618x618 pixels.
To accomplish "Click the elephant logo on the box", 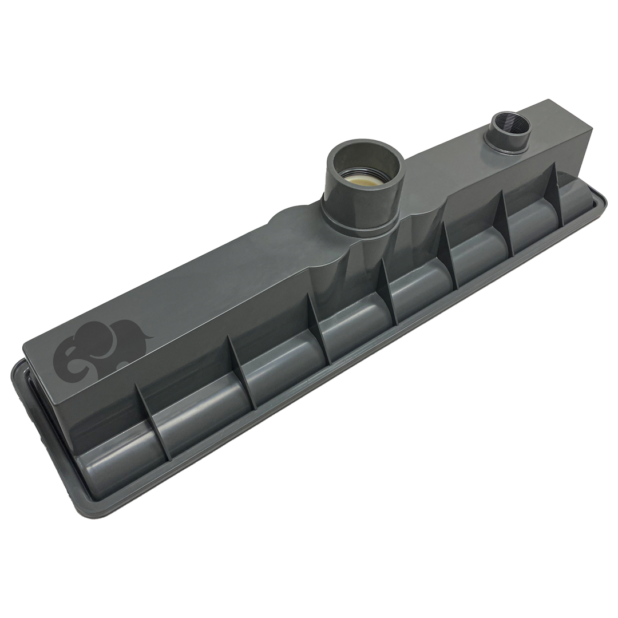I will point(100,351).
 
